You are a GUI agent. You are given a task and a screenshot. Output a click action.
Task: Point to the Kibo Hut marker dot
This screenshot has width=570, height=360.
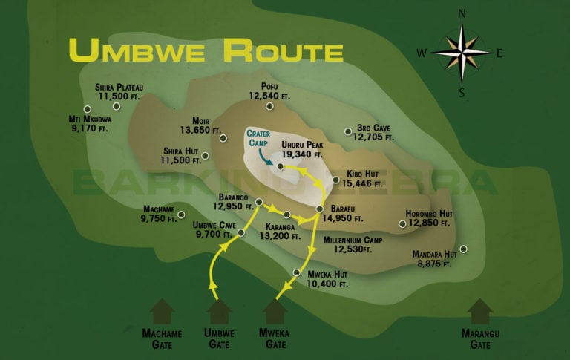pyautogui.click(x=335, y=179)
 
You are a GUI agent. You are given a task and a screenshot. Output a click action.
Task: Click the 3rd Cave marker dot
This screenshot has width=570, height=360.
pyautogui.click(x=347, y=132)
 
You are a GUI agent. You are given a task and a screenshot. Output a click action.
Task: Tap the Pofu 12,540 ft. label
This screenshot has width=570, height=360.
pyautogui.click(x=269, y=91)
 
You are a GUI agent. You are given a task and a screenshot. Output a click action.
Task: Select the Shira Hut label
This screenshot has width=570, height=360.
pyautogui.click(x=182, y=154)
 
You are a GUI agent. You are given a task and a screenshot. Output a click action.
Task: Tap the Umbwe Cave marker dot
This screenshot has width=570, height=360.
pyautogui.click(x=241, y=233)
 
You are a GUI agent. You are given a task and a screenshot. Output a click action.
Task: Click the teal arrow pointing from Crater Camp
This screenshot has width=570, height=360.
pyautogui.click(x=268, y=153)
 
